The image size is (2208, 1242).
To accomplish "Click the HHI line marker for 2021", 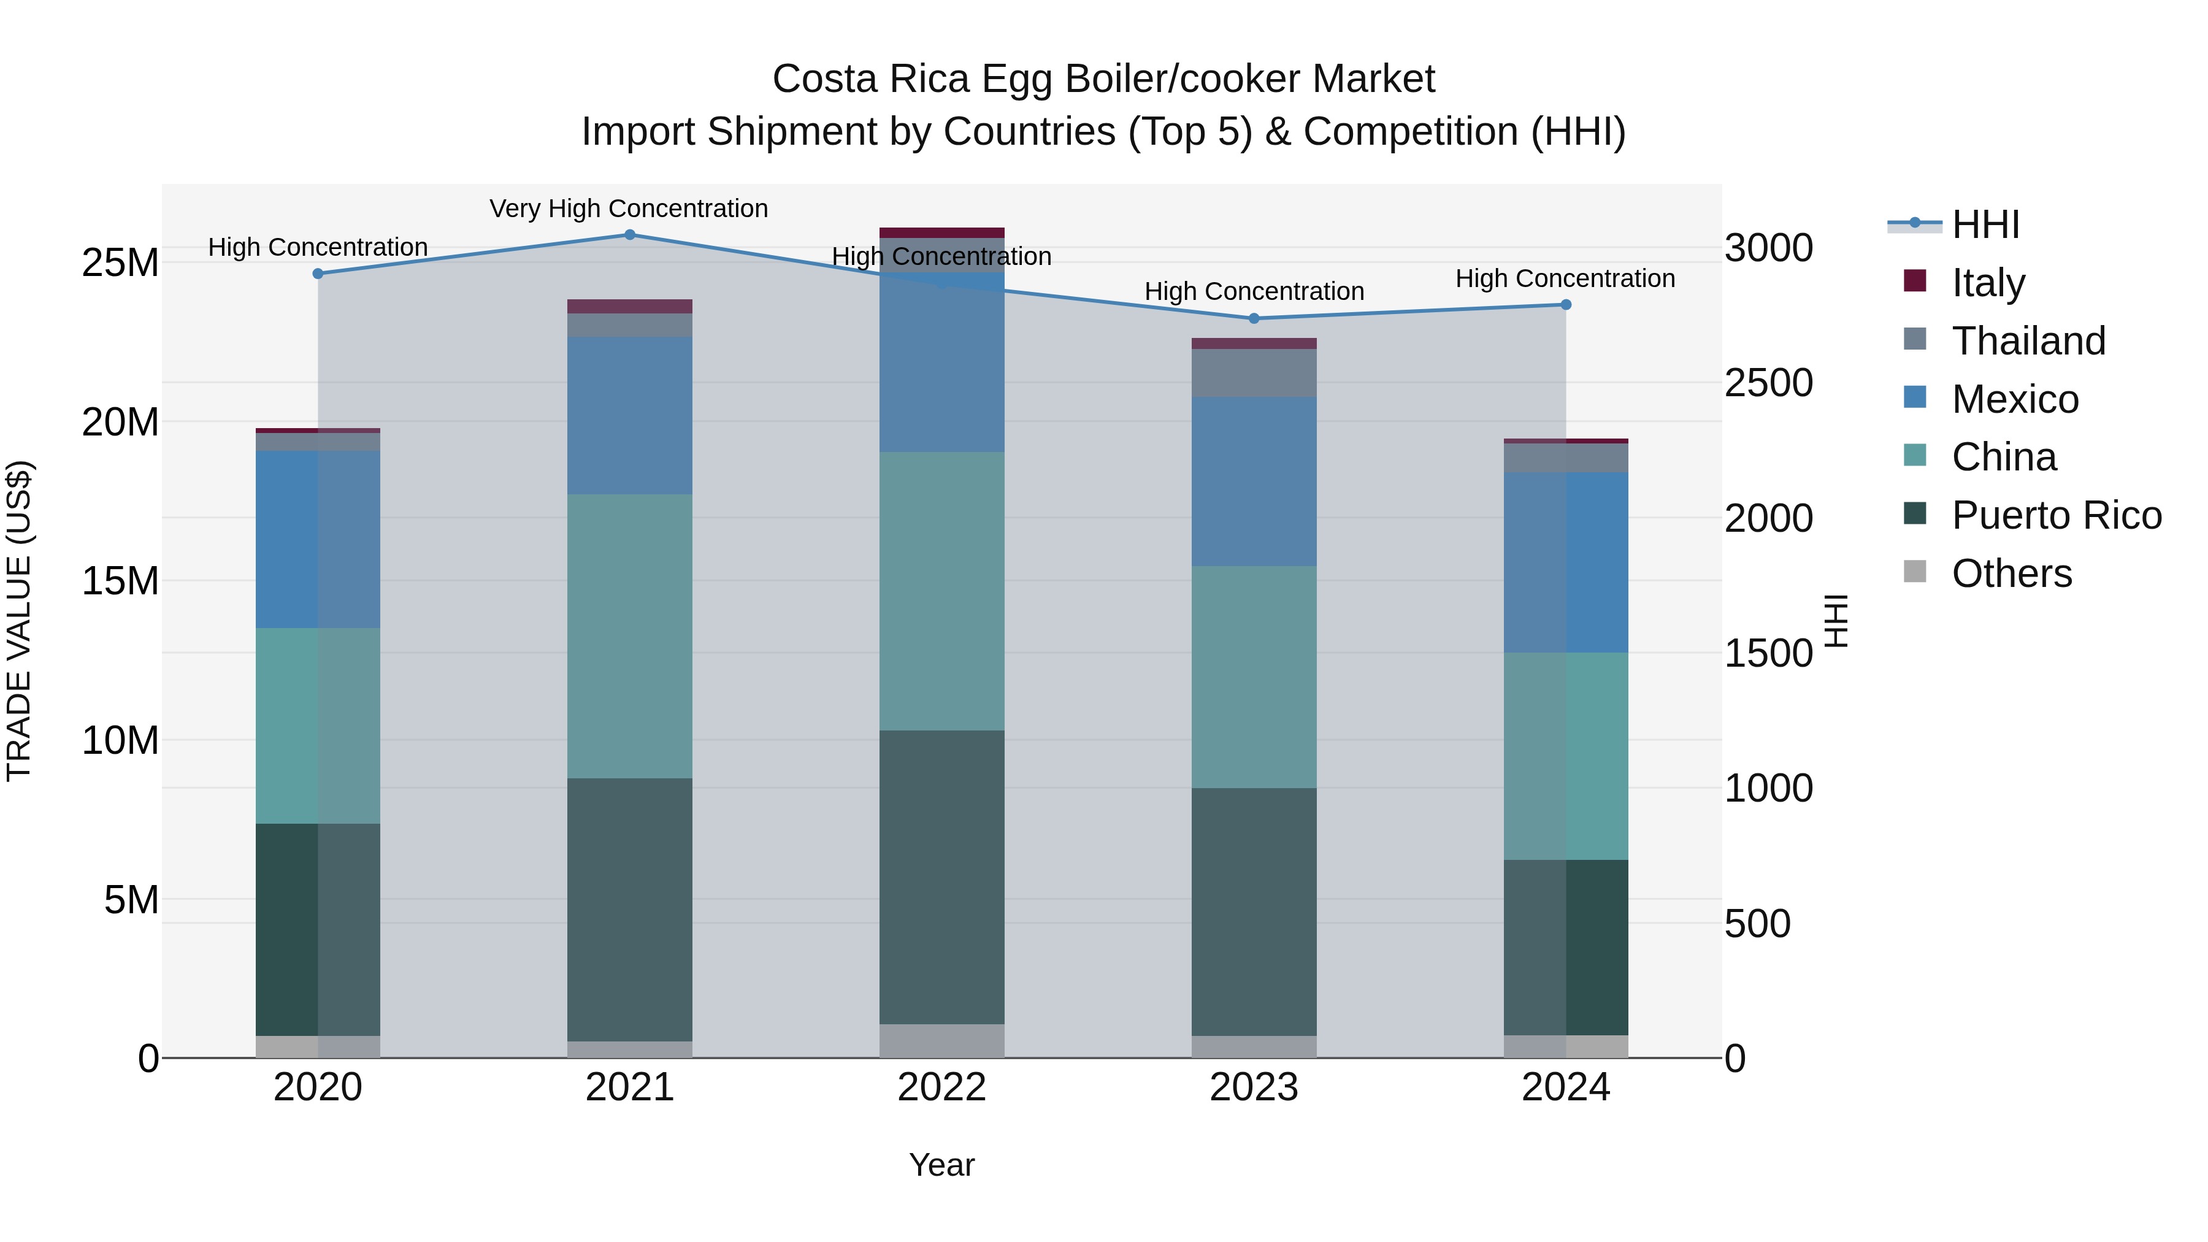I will [629, 235].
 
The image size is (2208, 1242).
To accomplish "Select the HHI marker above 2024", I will [1565, 304].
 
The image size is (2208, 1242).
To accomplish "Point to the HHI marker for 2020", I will [318, 274].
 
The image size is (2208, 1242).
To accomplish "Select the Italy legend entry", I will [1988, 282].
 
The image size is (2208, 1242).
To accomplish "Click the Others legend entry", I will [2011, 573].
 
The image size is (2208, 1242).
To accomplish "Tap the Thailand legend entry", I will [2028, 340].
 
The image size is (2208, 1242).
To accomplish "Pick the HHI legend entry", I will [1985, 224].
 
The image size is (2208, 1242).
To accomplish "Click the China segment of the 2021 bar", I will [629, 636].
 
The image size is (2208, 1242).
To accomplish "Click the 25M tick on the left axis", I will [120, 263].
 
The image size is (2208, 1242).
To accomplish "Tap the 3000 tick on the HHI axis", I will [1768, 248].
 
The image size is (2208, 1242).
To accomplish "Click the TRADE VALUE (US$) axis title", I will [19, 621].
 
